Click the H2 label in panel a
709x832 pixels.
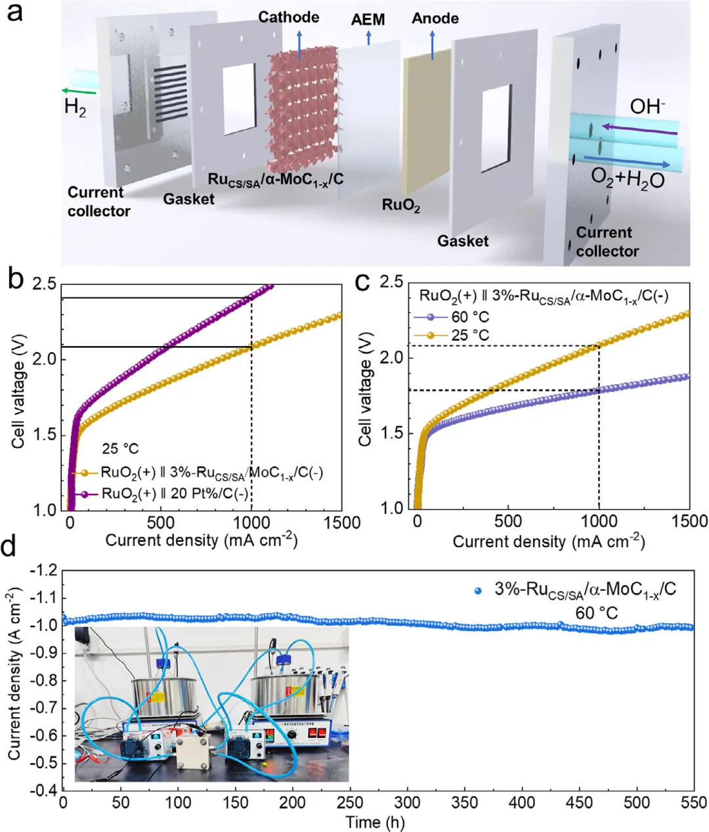pyautogui.click(x=75, y=108)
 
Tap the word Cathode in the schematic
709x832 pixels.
pyautogui.click(x=288, y=17)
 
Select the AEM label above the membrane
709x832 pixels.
pyautogui.click(x=368, y=20)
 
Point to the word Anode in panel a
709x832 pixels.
pyautogui.click(x=435, y=18)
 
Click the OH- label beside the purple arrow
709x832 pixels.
pyautogui.click(x=647, y=106)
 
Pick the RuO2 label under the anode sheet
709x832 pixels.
pyautogui.click(x=401, y=205)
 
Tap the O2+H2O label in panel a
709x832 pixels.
pyautogui.click(x=628, y=179)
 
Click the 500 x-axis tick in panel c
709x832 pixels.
pyautogui.click(x=507, y=521)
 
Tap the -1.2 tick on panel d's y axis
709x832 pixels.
pyautogui.click(x=41, y=571)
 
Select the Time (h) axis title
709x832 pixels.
pyautogui.click(x=375, y=822)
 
